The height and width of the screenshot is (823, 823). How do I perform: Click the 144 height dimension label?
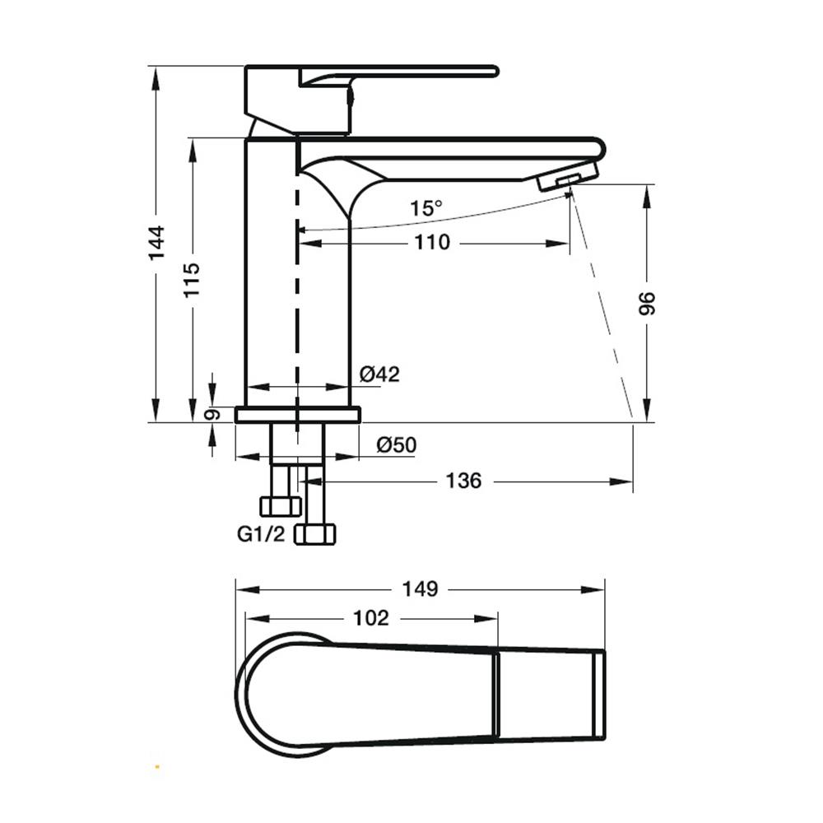click(x=156, y=243)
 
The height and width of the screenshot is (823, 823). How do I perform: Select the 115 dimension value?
click(x=192, y=280)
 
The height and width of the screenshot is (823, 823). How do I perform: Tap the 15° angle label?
click(x=425, y=208)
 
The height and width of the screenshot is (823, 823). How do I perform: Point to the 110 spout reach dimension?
click(x=433, y=243)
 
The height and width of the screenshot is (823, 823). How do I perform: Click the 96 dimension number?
click(x=647, y=304)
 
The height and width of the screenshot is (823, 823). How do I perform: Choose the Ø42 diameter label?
click(x=379, y=374)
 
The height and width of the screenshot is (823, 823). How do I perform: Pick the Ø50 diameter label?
click(x=397, y=445)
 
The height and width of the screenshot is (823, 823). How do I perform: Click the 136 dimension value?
click(x=463, y=481)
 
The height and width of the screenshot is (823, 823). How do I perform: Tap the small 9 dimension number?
click(x=212, y=415)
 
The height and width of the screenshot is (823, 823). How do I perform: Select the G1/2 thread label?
click(x=261, y=534)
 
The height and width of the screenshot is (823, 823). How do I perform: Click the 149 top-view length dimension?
click(x=420, y=589)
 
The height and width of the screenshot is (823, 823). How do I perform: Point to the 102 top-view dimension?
click(x=371, y=618)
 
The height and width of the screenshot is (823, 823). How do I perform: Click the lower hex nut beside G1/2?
click(x=315, y=534)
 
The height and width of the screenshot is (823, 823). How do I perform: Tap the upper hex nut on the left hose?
click(x=281, y=506)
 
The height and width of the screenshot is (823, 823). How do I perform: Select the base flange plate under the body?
click(x=298, y=415)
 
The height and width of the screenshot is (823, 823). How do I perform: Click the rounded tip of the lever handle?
click(x=493, y=72)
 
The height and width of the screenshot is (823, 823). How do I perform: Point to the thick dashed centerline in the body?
click(x=298, y=294)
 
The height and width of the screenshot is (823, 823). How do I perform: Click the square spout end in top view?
click(x=599, y=695)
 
